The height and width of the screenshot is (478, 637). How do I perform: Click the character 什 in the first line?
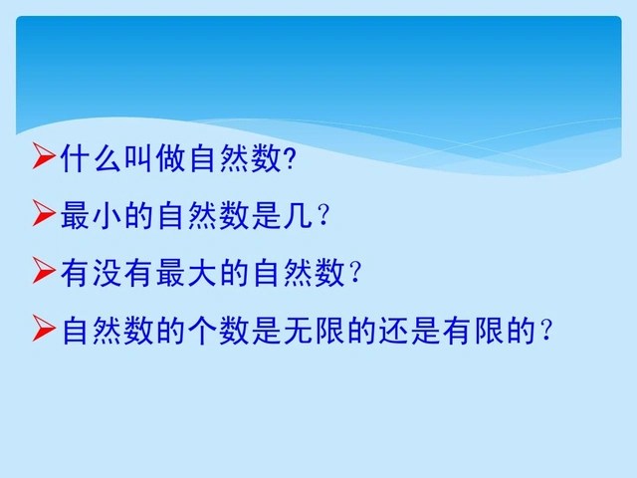point(76,157)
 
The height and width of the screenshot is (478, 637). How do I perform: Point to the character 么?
point(108,157)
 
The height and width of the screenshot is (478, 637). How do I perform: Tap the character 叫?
point(140,157)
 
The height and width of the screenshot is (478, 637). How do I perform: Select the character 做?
point(172,157)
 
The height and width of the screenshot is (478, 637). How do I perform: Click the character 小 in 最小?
point(108,215)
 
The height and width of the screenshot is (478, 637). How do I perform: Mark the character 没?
point(108,272)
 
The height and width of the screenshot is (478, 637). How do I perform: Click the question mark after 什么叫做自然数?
point(291,158)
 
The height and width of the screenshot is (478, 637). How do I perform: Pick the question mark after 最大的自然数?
point(354,273)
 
